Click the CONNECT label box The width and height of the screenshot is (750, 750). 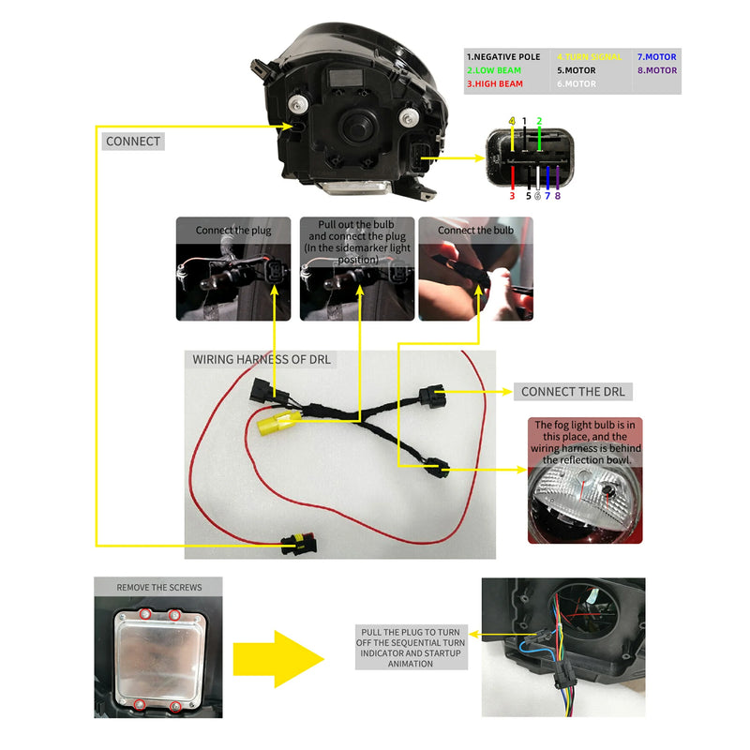(133, 142)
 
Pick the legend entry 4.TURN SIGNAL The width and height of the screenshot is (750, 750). (590, 57)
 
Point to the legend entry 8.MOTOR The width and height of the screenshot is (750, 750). (656, 70)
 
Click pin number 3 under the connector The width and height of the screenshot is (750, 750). (512, 196)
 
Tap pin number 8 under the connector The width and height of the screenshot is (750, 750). (558, 196)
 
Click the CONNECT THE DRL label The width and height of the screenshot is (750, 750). (573, 391)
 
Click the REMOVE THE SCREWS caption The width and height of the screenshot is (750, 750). (159, 588)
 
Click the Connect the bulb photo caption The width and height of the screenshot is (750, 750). (475, 231)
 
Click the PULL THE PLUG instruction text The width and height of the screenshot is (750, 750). (409, 647)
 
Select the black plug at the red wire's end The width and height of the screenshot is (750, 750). (298, 541)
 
